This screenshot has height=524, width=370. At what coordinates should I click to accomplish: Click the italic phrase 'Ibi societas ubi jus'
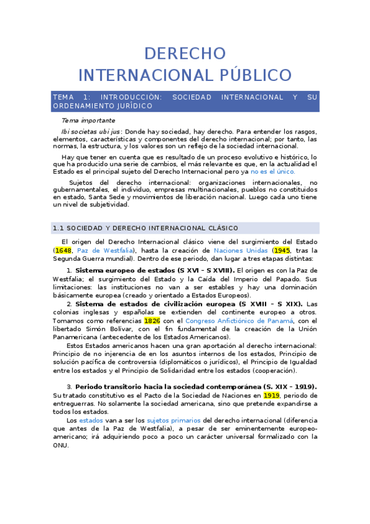(x=90, y=132)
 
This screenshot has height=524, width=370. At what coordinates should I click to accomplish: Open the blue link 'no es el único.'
(x=272, y=172)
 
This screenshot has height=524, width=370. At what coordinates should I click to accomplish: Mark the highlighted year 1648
(x=63, y=250)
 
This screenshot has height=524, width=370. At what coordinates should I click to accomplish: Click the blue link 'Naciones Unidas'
(x=240, y=250)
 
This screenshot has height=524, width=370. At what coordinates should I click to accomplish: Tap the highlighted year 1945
(x=281, y=250)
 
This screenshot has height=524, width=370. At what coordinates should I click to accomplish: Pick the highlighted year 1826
(x=152, y=321)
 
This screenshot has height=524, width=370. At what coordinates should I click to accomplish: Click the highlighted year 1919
(x=271, y=395)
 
